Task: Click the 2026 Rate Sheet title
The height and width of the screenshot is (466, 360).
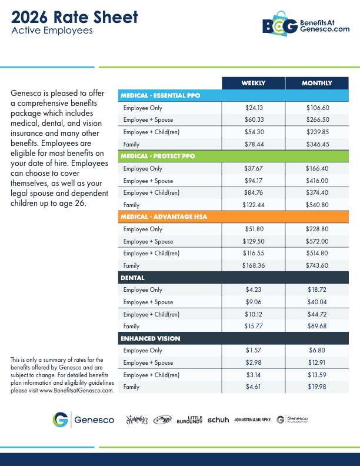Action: tap(75, 17)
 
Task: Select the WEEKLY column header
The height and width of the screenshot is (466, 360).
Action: tap(253, 83)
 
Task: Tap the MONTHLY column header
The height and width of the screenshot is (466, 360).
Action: tap(317, 83)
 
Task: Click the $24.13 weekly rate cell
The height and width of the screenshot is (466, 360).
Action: tap(254, 108)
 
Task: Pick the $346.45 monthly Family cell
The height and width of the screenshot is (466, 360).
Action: tap(318, 144)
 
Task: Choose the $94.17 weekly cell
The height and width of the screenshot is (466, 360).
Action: tap(254, 181)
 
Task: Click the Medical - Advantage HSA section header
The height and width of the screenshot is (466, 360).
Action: tap(164, 217)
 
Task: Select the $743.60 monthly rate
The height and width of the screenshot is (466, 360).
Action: tap(318, 265)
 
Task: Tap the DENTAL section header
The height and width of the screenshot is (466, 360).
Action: tap(133, 278)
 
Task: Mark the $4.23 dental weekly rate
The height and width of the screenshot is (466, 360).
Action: tap(254, 290)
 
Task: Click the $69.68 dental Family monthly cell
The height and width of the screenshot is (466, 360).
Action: tap(318, 326)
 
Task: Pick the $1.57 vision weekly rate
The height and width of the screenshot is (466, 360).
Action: tap(254, 351)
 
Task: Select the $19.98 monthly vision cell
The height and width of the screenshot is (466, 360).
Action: tap(318, 387)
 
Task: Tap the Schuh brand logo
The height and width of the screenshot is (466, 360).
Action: tap(218, 420)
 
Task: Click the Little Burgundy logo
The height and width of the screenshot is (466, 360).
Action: tap(189, 420)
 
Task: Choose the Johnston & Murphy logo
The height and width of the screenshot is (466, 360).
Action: tap(252, 420)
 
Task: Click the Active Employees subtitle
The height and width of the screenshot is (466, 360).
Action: tap(52, 31)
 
